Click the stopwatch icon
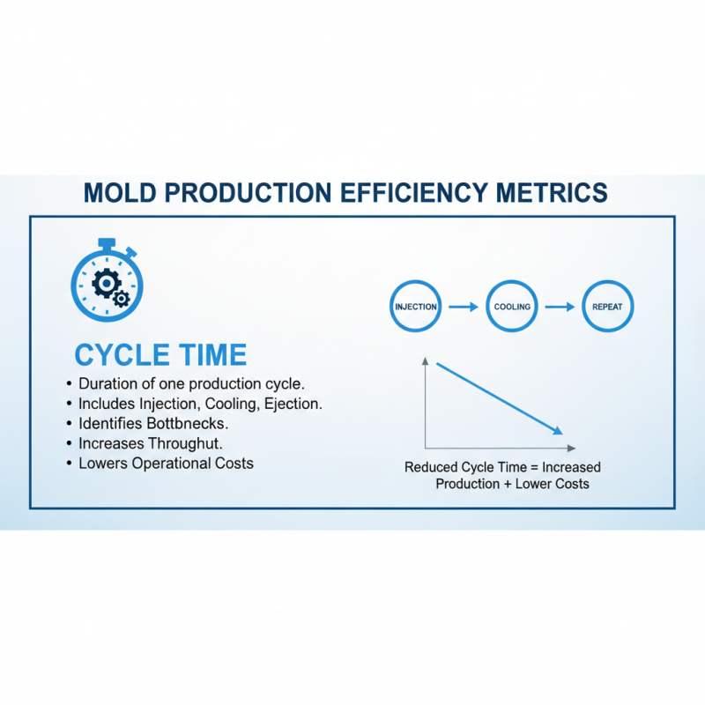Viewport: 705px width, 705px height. [107, 280]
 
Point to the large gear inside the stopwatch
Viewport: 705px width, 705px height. [105, 282]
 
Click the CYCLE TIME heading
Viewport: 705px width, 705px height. [160, 355]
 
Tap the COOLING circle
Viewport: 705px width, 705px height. [511, 307]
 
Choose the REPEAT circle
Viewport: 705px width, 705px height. [608, 307]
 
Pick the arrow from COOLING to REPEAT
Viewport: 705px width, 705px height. [560, 307]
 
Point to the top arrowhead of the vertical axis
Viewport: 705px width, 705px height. [425, 360]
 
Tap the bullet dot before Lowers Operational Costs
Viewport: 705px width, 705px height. [70, 464]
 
